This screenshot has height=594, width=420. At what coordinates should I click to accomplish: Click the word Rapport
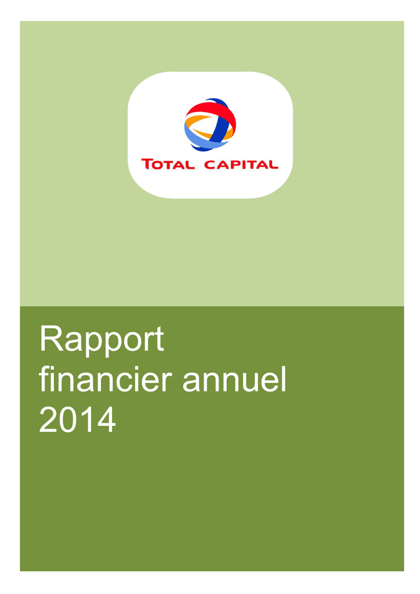tap(102, 340)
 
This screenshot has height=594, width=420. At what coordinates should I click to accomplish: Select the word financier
tap(105, 380)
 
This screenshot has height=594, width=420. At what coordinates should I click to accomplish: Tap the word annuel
tap(234, 380)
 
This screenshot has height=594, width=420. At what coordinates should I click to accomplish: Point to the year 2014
tap(77, 419)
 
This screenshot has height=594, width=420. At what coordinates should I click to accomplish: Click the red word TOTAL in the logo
tap(168, 164)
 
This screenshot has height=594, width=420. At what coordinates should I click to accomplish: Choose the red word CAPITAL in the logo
tap(241, 164)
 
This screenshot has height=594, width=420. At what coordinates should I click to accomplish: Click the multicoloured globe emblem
tap(210, 124)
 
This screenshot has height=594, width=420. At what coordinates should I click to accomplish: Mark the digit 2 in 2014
tap(48, 419)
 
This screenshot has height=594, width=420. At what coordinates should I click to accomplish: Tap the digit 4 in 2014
tap(106, 419)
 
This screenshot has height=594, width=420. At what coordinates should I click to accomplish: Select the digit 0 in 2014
tap(68, 419)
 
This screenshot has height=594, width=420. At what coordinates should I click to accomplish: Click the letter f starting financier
tap(44, 379)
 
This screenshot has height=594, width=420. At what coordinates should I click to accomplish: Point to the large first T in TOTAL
tap(147, 164)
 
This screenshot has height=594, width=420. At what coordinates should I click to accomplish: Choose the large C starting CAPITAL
tap(210, 164)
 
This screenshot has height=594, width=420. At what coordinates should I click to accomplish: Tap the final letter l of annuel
tap(284, 379)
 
